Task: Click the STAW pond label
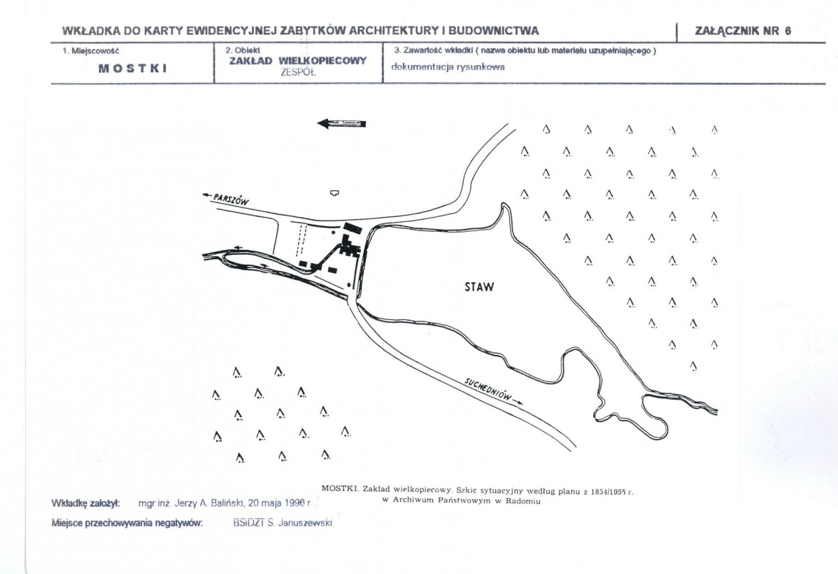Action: click(x=479, y=286)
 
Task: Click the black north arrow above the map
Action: click(x=342, y=124)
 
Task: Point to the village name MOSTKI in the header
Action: click(x=132, y=69)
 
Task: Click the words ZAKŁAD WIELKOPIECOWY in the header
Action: click(x=298, y=61)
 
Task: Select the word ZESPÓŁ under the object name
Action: click(x=298, y=71)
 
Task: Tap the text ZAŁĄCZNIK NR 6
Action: click(x=742, y=31)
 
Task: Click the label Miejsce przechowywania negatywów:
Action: click(x=127, y=523)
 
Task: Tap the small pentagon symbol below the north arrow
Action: click(x=334, y=192)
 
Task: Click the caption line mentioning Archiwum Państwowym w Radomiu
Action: click(x=462, y=501)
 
